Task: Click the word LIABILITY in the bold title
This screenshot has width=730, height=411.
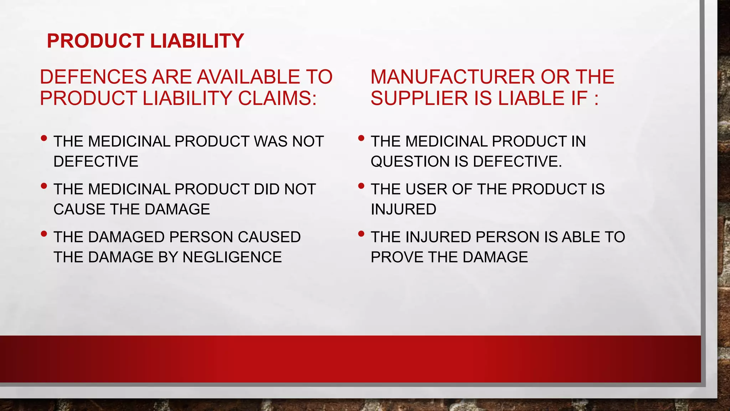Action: (197, 41)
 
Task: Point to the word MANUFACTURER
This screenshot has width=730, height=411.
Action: (452, 77)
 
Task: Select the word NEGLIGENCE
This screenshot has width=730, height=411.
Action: (232, 257)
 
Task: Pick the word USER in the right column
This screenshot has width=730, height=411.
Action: (427, 189)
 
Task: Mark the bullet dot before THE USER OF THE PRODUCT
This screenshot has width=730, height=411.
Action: (361, 186)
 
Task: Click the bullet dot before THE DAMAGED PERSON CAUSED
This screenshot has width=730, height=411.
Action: (44, 234)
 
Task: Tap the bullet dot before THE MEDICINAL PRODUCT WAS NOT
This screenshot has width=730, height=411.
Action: (44, 138)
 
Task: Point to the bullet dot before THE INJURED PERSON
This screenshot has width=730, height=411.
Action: (361, 234)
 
